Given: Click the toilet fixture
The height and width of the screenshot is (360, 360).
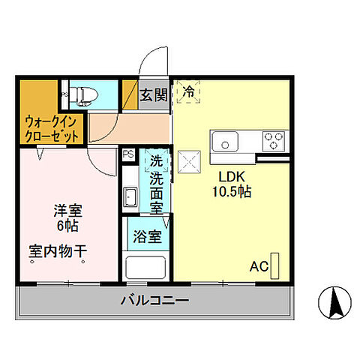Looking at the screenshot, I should pyautogui.click(x=83, y=94).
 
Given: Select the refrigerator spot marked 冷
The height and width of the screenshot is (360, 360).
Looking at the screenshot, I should pyautogui.click(x=188, y=91).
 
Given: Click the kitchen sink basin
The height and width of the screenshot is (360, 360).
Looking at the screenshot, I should pyautogui.click(x=225, y=140).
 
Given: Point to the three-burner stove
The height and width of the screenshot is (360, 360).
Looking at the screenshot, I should pyautogui.click(x=274, y=140).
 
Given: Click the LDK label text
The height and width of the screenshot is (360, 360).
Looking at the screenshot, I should pyautogui.click(x=232, y=177).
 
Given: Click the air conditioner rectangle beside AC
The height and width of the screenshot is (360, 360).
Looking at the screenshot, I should pyautogui.click(x=275, y=265).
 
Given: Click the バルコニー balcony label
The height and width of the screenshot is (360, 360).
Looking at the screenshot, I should pyautogui.click(x=154, y=302).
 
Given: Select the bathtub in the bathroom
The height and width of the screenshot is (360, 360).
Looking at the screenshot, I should pyautogui.click(x=145, y=267).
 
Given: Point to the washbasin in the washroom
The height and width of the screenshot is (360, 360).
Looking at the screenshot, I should pyautogui.click(x=130, y=199).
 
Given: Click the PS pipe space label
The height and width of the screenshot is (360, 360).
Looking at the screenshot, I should pyautogui.click(x=127, y=155).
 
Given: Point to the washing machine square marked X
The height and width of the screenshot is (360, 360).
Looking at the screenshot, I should pyautogui.click(x=187, y=160).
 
